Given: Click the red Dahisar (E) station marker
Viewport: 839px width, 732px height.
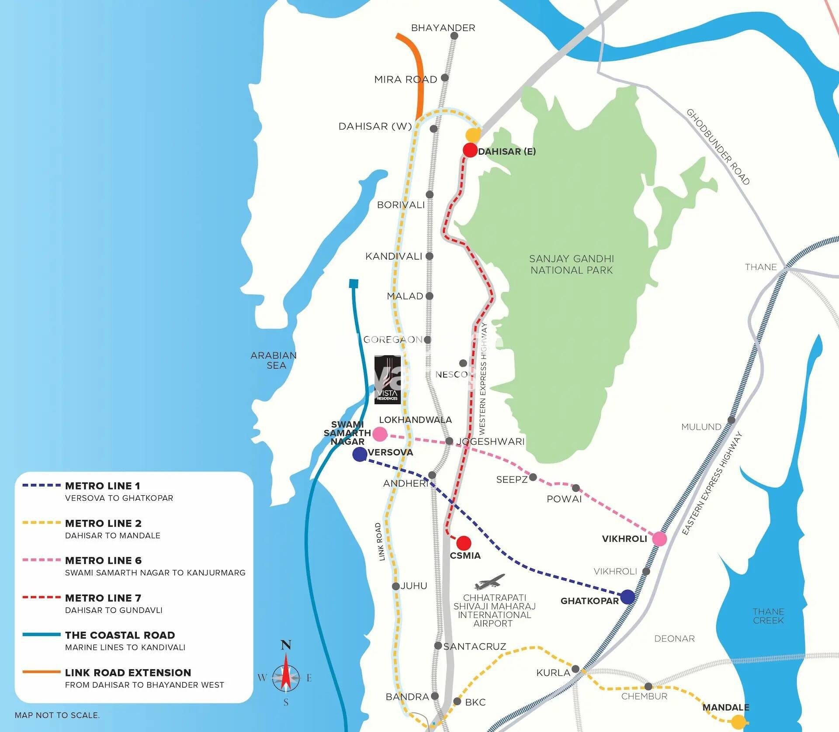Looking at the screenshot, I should (x=470, y=150).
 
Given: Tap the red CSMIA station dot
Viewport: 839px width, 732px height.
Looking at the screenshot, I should (x=463, y=543).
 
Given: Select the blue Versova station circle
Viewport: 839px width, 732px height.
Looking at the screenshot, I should (x=359, y=454).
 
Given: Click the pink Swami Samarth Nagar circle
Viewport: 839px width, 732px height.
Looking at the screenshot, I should (x=380, y=434).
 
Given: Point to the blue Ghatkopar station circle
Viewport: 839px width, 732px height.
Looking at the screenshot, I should (x=628, y=597).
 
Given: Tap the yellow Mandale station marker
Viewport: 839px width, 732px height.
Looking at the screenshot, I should (x=738, y=721).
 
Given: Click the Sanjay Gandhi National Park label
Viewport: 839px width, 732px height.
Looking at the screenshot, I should (x=571, y=264).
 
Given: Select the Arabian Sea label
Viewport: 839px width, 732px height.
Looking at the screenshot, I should (x=274, y=360).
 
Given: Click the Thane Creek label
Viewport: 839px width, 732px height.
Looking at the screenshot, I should (x=768, y=615).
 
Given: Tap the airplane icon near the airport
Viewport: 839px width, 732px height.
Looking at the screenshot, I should (x=490, y=582).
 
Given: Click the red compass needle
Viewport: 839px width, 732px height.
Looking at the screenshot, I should (x=286, y=672).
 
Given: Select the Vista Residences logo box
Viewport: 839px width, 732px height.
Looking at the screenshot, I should (x=387, y=379).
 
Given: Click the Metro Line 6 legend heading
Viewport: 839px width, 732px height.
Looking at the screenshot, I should (x=103, y=560).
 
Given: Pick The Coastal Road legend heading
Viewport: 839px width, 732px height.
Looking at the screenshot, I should (x=120, y=635).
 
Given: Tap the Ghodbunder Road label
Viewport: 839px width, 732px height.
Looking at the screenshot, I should (x=718, y=147).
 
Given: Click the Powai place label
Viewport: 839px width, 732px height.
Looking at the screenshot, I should (x=564, y=499).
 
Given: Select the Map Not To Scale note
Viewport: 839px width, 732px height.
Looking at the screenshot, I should (x=57, y=715).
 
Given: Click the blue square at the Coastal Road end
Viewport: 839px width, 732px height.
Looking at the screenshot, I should (x=354, y=283).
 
